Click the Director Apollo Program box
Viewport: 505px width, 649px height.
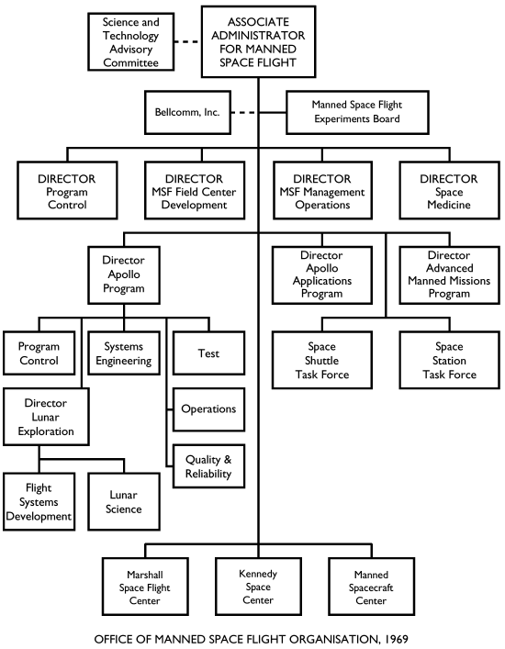[x=129, y=274]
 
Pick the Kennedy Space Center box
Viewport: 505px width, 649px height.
[x=258, y=587]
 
